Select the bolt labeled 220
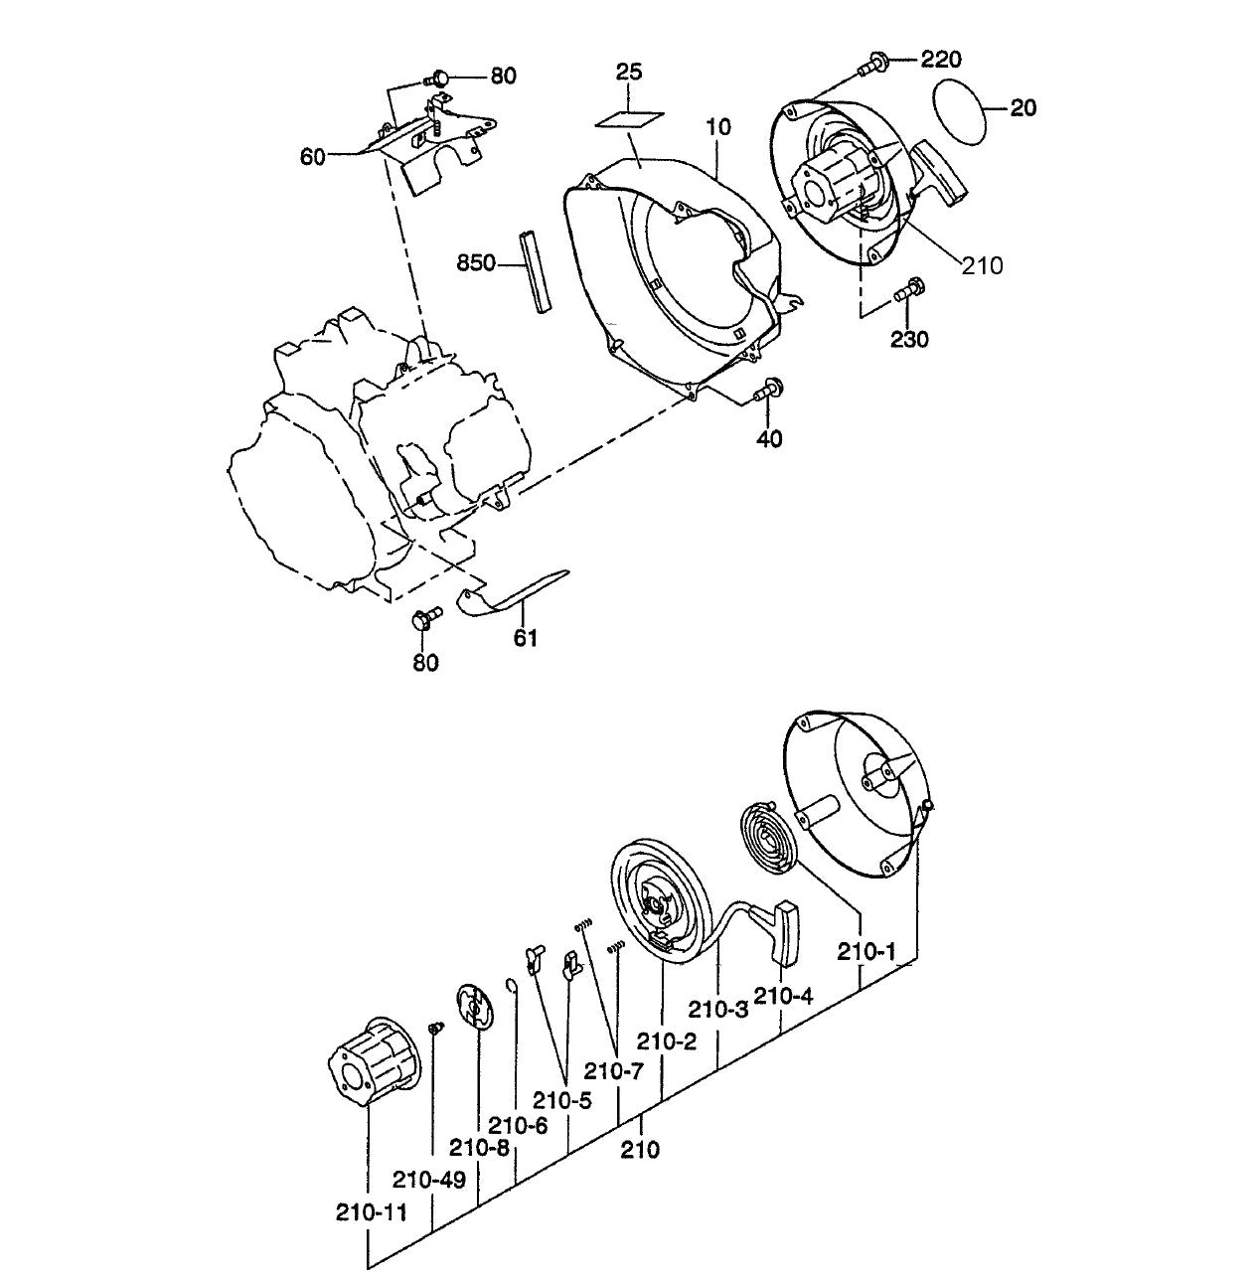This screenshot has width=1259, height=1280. [872, 64]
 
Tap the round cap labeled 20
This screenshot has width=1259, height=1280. [961, 105]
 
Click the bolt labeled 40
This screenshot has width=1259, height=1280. [769, 392]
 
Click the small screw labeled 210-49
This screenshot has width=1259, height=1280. [433, 1027]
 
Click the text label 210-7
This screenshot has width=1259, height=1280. [613, 1072]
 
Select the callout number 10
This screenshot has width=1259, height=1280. [718, 127]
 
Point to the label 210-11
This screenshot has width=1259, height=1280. [370, 1212]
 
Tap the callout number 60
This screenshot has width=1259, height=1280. [313, 157]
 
